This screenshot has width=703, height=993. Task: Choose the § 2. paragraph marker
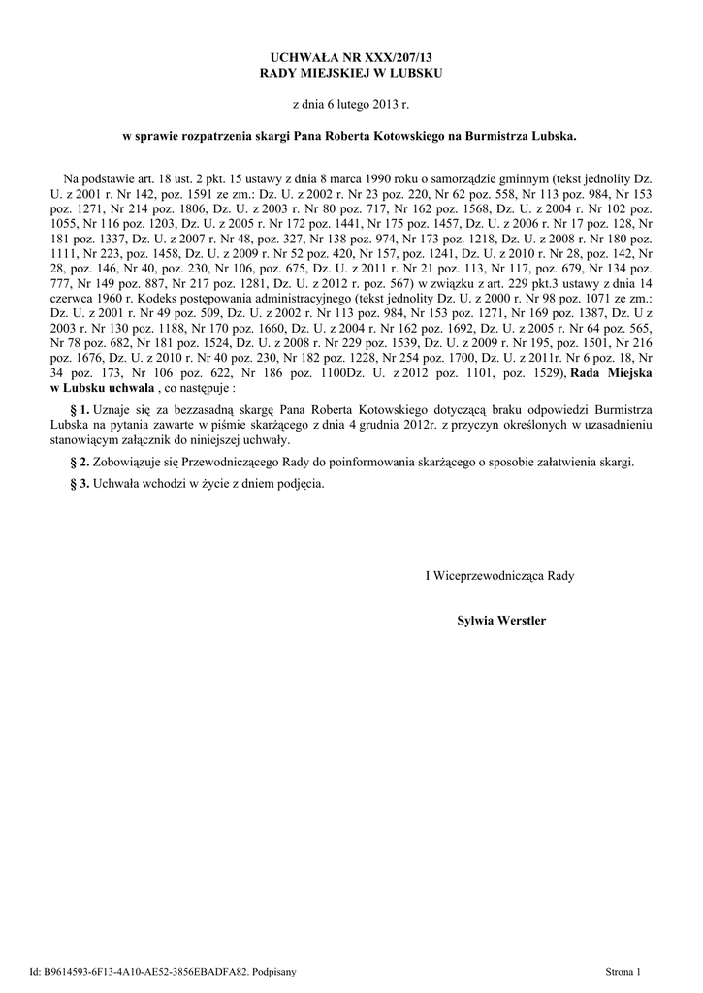coord(80,462)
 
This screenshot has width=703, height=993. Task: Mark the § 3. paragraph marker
coord(80,483)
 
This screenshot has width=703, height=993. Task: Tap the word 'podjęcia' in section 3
coord(300,483)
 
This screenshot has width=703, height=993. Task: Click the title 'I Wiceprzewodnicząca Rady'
coord(500,575)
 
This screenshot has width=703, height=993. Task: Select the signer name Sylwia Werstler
coord(500,618)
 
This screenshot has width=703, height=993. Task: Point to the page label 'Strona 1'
coord(623,970)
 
